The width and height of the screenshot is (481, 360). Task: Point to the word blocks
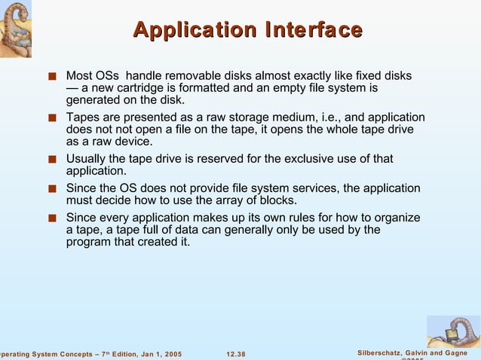point(277,200)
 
